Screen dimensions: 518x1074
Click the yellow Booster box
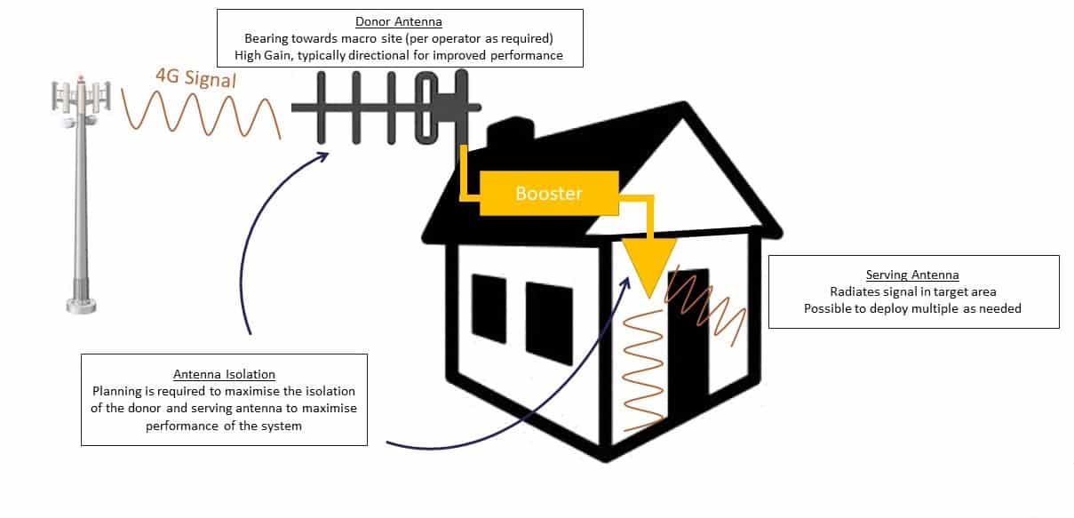tap(548, 193)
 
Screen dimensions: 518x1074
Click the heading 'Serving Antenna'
tap(912, 275)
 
